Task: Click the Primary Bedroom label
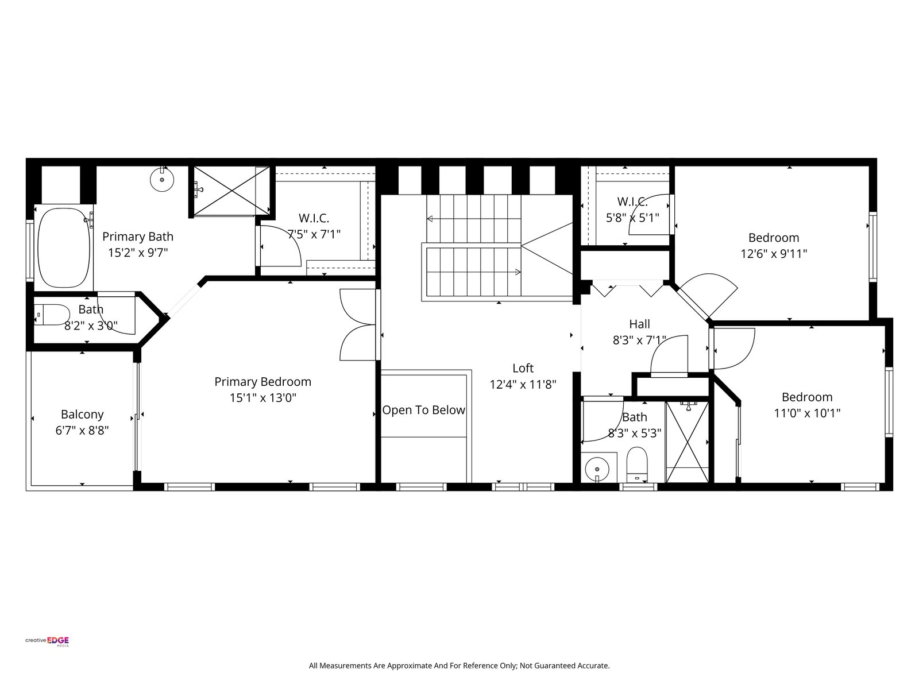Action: coord(262,381)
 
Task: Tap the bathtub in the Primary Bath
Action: coord(64,247)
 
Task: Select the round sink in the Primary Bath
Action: coord(162,180)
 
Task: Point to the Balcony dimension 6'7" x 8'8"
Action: coord(82,430)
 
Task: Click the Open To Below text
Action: coord(423,410)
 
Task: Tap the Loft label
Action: coord(523,368)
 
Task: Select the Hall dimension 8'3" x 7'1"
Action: coord(639,340)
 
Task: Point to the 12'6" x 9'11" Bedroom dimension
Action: coord(774,254)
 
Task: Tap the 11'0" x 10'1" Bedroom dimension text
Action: coord(807,413)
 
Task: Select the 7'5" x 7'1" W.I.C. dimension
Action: coord(314,234)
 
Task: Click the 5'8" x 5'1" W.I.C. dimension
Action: coord(632,218)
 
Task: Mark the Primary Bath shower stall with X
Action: coord(231,191)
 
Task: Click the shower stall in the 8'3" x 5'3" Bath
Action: coord(686,442)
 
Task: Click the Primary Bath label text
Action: coord(138,237)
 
